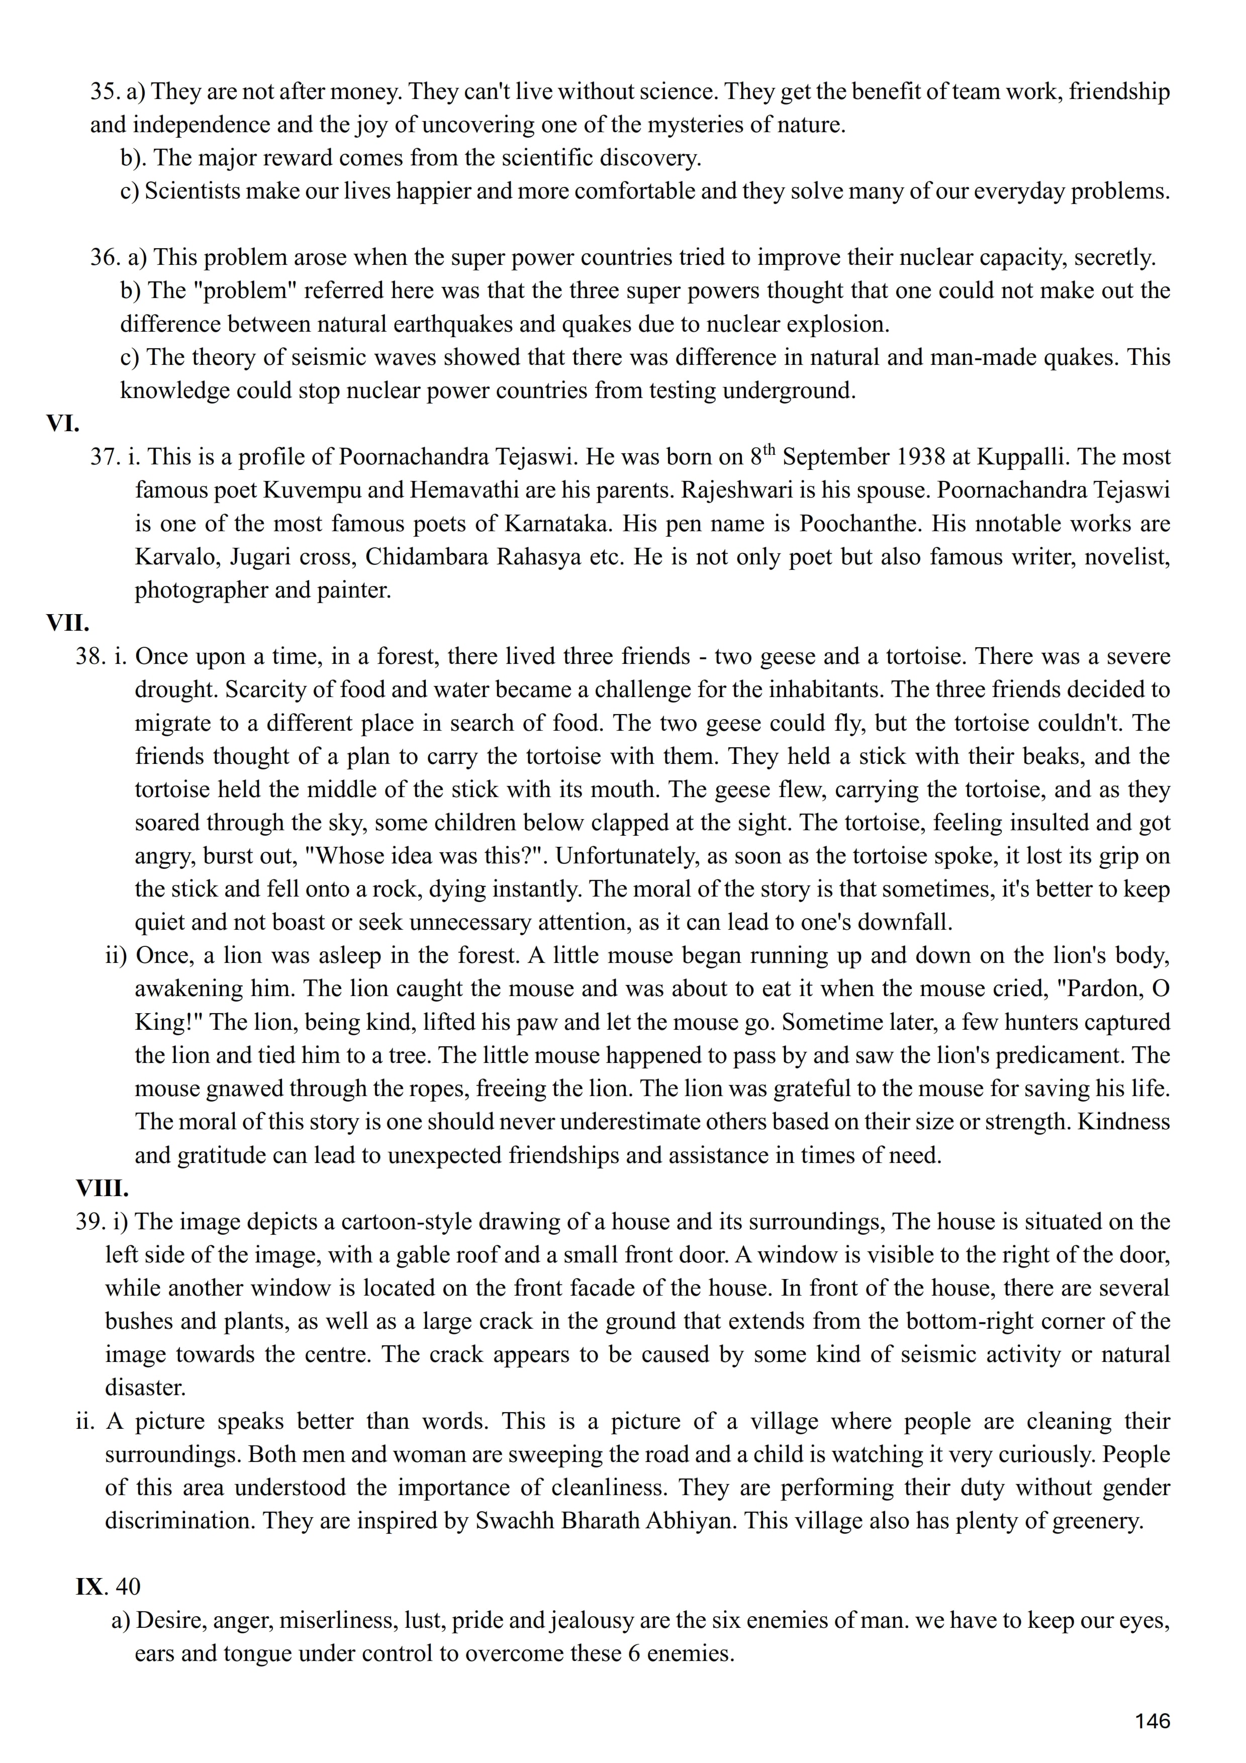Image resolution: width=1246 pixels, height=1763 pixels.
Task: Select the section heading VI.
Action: (x=63, y=423)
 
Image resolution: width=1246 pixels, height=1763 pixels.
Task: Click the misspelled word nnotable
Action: (x=1013, y=524)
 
